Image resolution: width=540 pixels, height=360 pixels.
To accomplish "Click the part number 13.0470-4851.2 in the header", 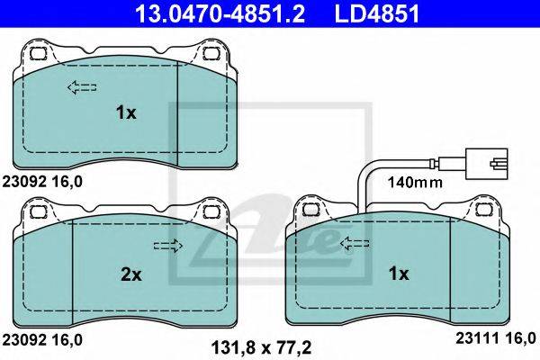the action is [x=220, y=13].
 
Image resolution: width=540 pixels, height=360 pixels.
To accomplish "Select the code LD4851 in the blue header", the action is [x=377, y=13].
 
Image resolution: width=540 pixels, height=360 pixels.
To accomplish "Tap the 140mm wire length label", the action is [x=415, y=182].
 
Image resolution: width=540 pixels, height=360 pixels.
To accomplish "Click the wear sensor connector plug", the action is [x=486, y=164].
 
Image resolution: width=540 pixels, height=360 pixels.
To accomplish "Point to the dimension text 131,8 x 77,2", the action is [x=261, y=347].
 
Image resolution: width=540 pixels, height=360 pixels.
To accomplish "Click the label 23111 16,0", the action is [x=496, y=338].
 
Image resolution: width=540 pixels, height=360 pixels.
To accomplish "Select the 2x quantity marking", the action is [x=130, y=274].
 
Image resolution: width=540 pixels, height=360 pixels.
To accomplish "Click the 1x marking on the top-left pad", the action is [x=126, y=112].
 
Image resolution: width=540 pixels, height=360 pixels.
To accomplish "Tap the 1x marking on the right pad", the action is [x=399, y=274].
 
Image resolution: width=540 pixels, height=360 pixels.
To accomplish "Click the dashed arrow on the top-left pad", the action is [x=82, y=87].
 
